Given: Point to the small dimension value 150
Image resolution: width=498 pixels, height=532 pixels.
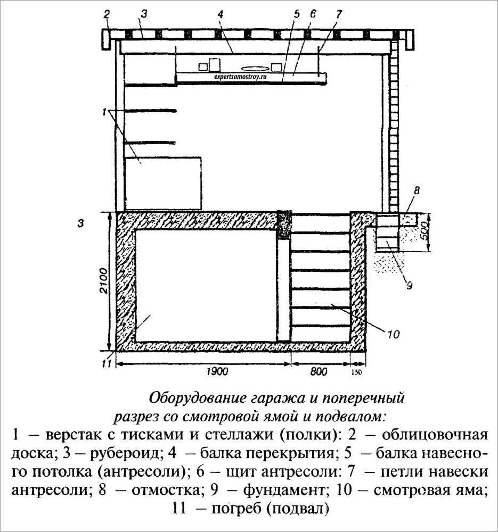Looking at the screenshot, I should pyautogui.click(x=357, y=372).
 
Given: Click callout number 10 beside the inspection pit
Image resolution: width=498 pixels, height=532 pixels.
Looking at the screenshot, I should pyautogui.click(x=393, y=335).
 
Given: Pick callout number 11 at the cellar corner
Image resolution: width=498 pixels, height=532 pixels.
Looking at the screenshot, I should pyautogui.click(x=106, y=364).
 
